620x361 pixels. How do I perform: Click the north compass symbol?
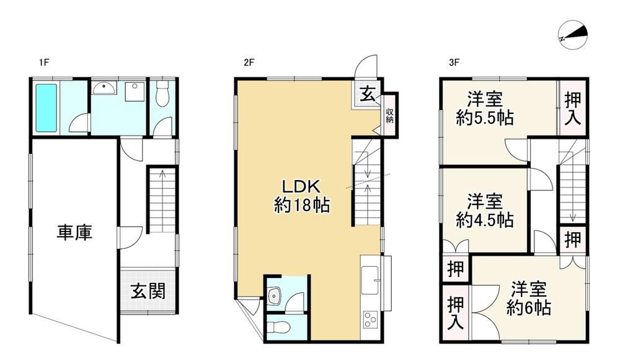573,35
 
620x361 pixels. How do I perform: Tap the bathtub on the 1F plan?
46,107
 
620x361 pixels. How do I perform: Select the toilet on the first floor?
161,94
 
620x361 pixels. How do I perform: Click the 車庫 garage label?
74,233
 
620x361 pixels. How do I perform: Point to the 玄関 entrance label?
148,292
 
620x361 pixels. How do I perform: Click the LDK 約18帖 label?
302,196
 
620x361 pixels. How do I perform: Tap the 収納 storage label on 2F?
389,115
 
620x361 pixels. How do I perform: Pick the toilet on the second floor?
278,328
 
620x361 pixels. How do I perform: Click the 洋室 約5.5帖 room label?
485,108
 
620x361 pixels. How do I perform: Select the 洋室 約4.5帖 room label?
485,211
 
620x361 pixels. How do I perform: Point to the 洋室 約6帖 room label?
529,298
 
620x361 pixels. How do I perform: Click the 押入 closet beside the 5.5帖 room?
572,108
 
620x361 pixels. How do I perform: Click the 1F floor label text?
44,63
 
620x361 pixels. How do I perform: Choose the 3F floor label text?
454,63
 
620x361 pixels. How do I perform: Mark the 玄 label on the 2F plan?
367,95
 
